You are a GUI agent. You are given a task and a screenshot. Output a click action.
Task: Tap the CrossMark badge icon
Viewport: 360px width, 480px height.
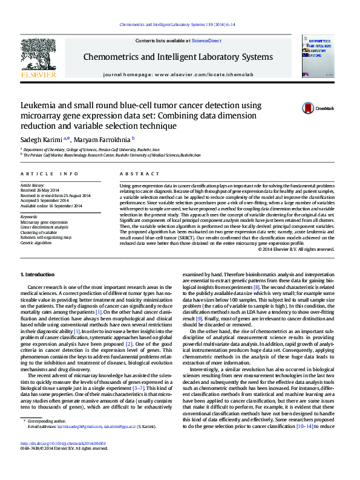click(x=309, y=108)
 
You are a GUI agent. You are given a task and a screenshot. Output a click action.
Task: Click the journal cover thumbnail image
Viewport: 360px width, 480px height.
click(x=318, y=56)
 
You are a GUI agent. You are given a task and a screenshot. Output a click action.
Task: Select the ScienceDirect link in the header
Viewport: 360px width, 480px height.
click(x=206, y=41)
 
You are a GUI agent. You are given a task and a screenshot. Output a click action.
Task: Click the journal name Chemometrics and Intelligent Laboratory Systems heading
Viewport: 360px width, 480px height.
click(x=177, y=57)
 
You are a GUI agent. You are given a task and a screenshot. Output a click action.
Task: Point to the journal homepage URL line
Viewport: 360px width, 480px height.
click(x=177, y=74)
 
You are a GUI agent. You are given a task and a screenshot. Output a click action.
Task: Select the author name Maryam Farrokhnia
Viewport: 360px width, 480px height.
click(x=99, y=138)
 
